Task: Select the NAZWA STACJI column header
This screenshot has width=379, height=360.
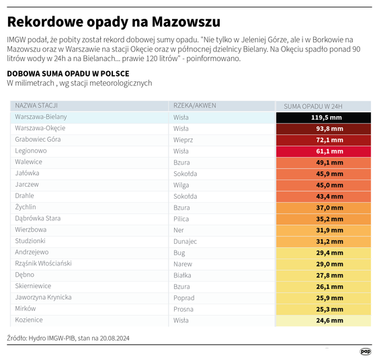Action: point(36,105)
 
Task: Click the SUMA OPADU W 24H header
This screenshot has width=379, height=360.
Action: point(313,106)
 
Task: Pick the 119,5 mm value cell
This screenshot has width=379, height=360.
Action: point(323,118)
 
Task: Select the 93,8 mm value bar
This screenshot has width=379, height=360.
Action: point(323,129)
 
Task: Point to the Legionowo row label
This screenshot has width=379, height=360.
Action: point(31,151)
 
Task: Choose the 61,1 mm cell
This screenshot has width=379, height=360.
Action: point(323,151)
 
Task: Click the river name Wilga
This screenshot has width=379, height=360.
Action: point(181,185)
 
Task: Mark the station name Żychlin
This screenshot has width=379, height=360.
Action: point(26,208)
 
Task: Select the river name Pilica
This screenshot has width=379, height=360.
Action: point(182,218)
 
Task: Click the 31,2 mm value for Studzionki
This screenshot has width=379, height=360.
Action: point(323,241)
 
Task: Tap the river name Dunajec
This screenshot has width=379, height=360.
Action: point(185,241)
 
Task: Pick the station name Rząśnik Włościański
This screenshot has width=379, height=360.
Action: point(43,263)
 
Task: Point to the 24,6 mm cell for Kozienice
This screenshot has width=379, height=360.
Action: point(323,320)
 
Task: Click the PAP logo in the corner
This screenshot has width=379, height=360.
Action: point(365,351)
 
